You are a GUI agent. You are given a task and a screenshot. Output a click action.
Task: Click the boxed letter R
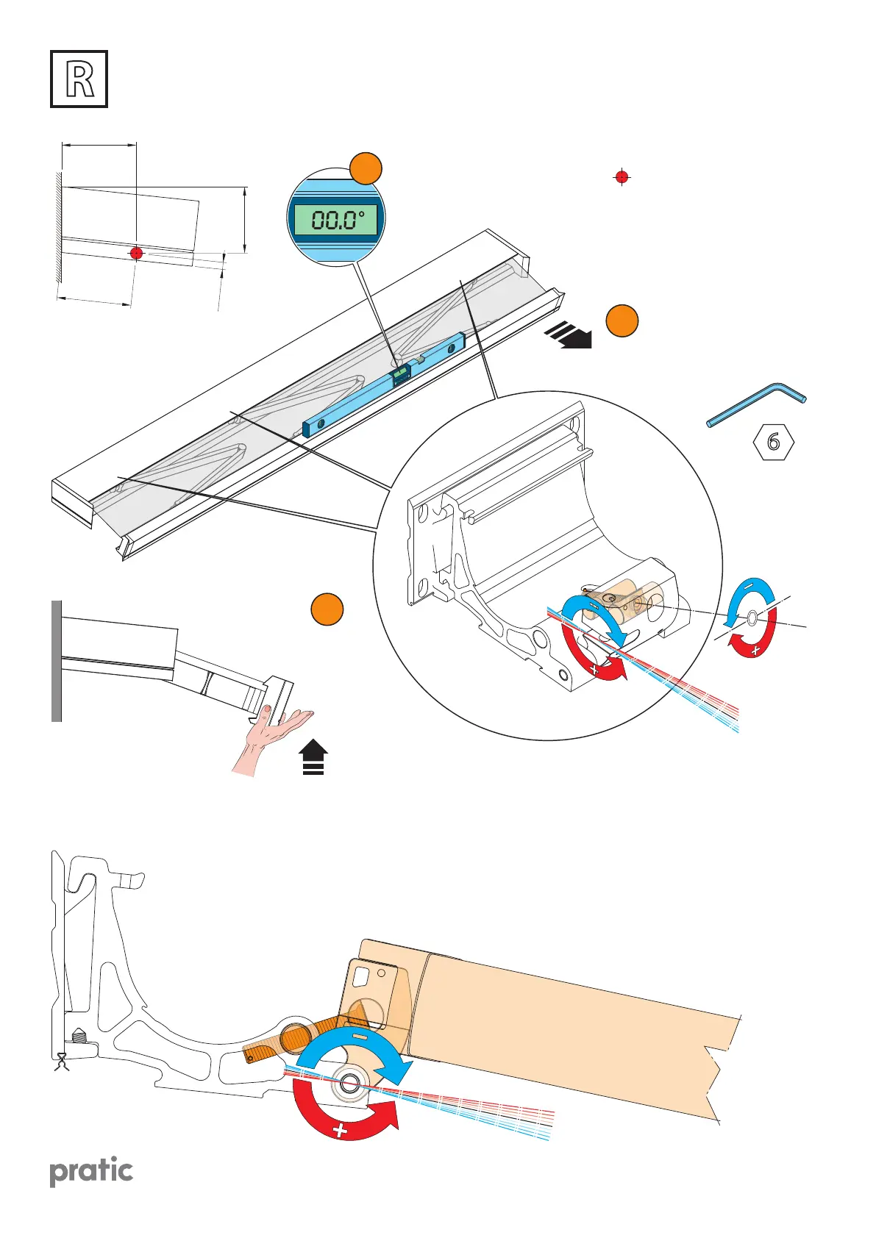(x=79, y=79)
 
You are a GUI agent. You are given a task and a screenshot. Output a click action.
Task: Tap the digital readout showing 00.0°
(x=337, y=219)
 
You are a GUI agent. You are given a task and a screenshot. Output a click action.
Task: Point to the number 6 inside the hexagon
(x=773, y=442)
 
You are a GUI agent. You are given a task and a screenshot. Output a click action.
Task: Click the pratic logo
(x=91, y=1171)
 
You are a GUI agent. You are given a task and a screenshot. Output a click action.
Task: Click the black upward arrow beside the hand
(x=314, y=758)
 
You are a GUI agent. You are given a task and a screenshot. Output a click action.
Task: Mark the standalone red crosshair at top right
(x=622, y=177)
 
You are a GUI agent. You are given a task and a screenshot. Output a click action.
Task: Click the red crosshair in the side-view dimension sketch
(x=136, y=254)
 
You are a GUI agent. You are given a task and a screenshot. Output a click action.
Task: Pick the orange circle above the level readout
(x=366, y=169)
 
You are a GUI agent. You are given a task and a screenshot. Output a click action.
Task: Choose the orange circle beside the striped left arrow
(x=622, y=321)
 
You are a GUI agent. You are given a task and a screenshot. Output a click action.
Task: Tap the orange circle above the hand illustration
(x=327, y=609)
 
